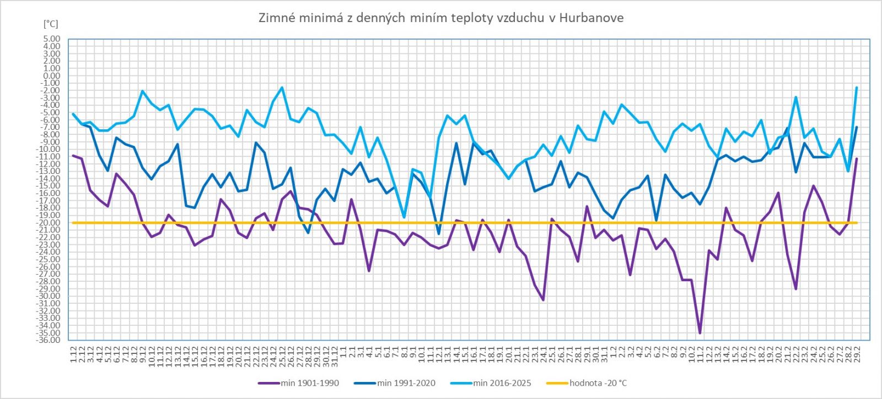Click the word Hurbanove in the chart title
pos(591,18)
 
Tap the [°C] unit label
pos(50,25)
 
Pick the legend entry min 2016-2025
pos(502,383)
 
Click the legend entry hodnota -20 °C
pos(598,383)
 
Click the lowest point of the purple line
pos(700,333)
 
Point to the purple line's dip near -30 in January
pos(543,300)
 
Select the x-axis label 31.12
pos(334,352)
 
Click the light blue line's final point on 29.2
pos(857,88)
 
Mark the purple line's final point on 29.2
pos(857,158)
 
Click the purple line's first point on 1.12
pos(73,155)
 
